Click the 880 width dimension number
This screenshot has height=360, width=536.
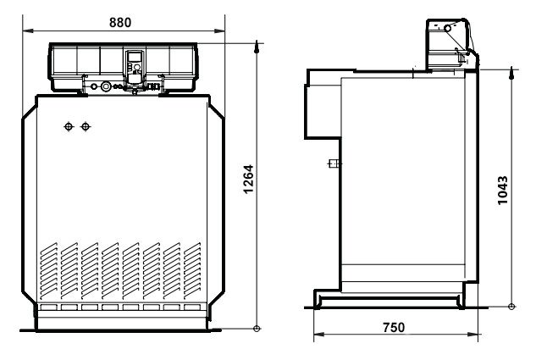pos(120,22)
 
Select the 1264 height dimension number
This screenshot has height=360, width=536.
pos(248,179)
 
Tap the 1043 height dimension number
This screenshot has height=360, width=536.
pos(502,191)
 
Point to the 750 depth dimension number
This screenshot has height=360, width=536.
pos(394,328)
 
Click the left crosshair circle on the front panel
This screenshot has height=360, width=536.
pos(69,127)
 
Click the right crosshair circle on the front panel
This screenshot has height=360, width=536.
pos(86,127)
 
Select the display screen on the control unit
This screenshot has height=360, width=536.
pos(134,56)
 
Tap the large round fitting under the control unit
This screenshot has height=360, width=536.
pos(107,86)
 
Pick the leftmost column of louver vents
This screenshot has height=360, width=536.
pos(49,271)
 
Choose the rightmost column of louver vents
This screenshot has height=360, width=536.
pos(192,271)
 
